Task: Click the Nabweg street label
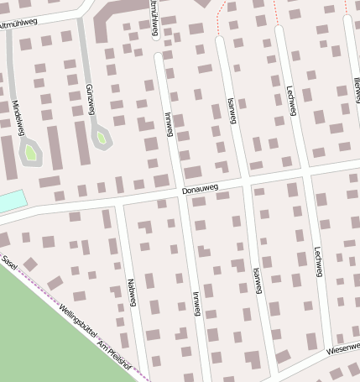tap(130, 292)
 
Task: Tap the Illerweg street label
tap(355, 84)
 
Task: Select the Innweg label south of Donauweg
tap(197, 302)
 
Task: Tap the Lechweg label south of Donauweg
tap(317, 261)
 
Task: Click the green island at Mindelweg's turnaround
tap(30, 153)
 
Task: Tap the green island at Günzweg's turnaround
tap(101, 137)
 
